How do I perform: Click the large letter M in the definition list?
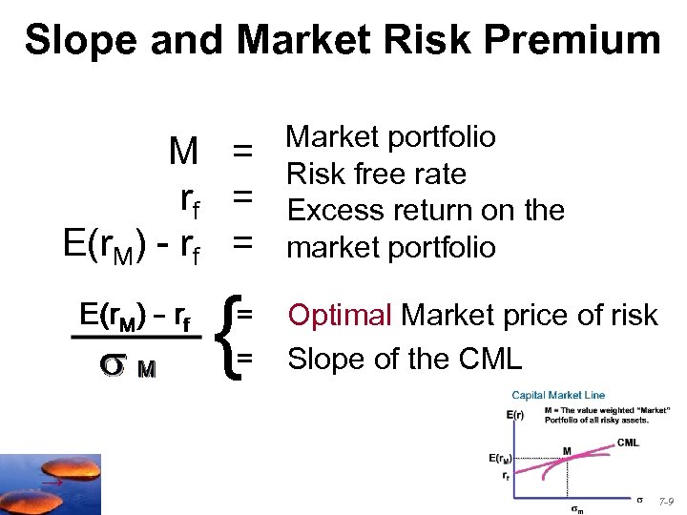(x=182, y=151)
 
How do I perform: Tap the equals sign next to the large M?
(x=243, y=151)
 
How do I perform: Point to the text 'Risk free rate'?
(x=376, y=174)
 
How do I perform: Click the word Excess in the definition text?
(x=334, y=210)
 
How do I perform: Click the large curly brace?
(x=228, y=335)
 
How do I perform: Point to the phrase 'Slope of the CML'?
(x=405, y=359)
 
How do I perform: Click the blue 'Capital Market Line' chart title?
(x=558, y=395)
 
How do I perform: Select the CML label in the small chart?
(x=627, y=442)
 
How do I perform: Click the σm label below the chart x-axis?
(x=576, y=508)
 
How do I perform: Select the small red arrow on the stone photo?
(x=49, y=484)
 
